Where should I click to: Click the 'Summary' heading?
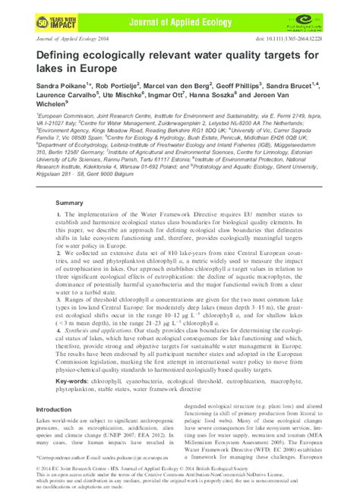(69, 203)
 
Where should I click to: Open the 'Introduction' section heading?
(54, 410)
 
